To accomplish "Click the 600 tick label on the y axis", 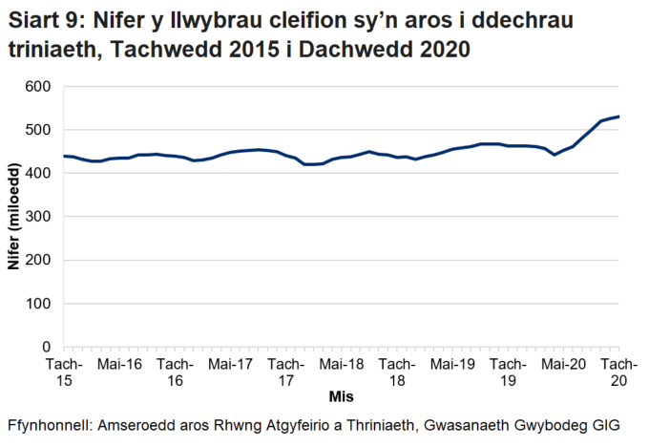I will tap(38, 86).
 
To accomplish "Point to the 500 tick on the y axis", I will tap(38, 130).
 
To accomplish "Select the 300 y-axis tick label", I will tap(38, 217).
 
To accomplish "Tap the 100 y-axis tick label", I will tap(38, 304).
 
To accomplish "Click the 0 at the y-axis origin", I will tap(46, 348).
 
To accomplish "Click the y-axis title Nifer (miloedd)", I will tap(14, 217).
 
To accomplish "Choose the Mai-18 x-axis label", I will tap(341, 364).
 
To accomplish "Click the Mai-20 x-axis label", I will tap(563, 364).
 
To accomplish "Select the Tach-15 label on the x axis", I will tap(64, 372).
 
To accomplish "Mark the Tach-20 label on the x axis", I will tap(618, 372).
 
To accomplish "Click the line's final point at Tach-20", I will tap(618, 117).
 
